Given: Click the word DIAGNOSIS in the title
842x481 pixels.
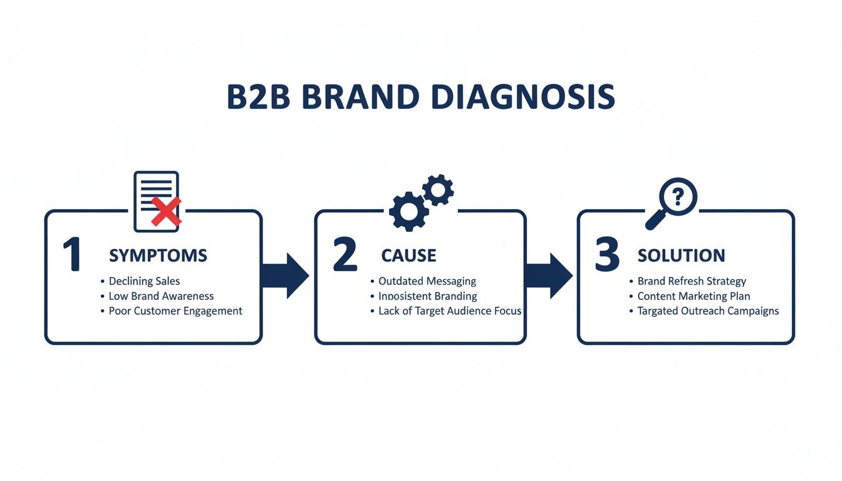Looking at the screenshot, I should point(524,97).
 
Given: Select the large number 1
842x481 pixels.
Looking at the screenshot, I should point(73,255).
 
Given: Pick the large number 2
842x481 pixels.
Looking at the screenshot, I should point(345,255).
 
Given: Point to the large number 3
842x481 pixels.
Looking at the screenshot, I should point(606,255).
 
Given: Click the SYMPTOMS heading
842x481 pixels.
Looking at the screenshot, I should point(158,256).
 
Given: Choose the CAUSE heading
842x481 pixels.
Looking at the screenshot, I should point(408,256).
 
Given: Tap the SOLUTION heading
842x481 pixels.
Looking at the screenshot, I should point(681,256).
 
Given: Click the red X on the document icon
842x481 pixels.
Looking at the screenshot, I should point(166,211).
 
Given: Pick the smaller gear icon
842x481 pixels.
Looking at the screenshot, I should point(438,190).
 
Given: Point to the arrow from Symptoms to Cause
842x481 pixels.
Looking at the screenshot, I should point(285,276).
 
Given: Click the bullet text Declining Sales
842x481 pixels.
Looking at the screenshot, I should point(144,281).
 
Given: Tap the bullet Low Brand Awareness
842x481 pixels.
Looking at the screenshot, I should point(161,296).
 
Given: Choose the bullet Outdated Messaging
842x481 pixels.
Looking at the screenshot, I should point(427,281).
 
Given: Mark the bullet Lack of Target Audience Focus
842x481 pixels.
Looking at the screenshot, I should point(450,311).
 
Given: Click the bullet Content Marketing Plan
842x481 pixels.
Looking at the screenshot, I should point(694,296).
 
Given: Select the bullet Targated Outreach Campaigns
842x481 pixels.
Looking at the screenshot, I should point(708,311).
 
